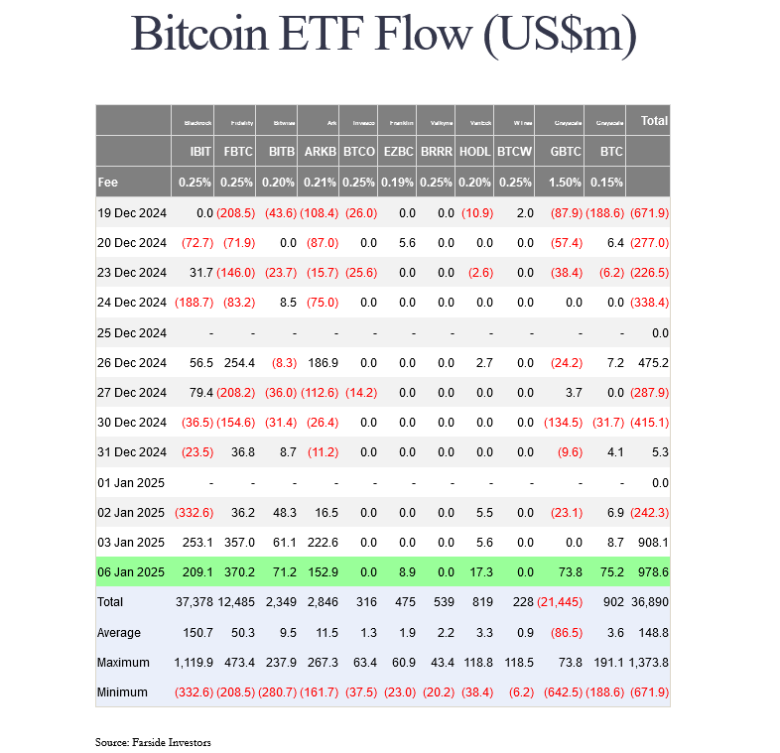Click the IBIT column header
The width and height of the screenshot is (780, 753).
(199, 152)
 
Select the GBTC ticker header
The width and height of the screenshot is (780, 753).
(566, 152)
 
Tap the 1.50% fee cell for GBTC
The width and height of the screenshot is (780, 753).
(566, 183)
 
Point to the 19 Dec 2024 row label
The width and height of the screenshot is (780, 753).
(132, 213)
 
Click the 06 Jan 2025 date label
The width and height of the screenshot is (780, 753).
(132, 572)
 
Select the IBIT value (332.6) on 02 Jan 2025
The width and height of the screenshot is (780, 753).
(195, 513)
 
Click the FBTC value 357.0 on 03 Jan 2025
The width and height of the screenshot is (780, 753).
(240, 543)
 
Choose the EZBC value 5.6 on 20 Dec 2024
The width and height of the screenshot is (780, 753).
(406, 243)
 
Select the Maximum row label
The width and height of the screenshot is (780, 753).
(123, 662)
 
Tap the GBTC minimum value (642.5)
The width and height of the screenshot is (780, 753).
(562, 691)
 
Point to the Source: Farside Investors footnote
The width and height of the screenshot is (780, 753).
(153, 742)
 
